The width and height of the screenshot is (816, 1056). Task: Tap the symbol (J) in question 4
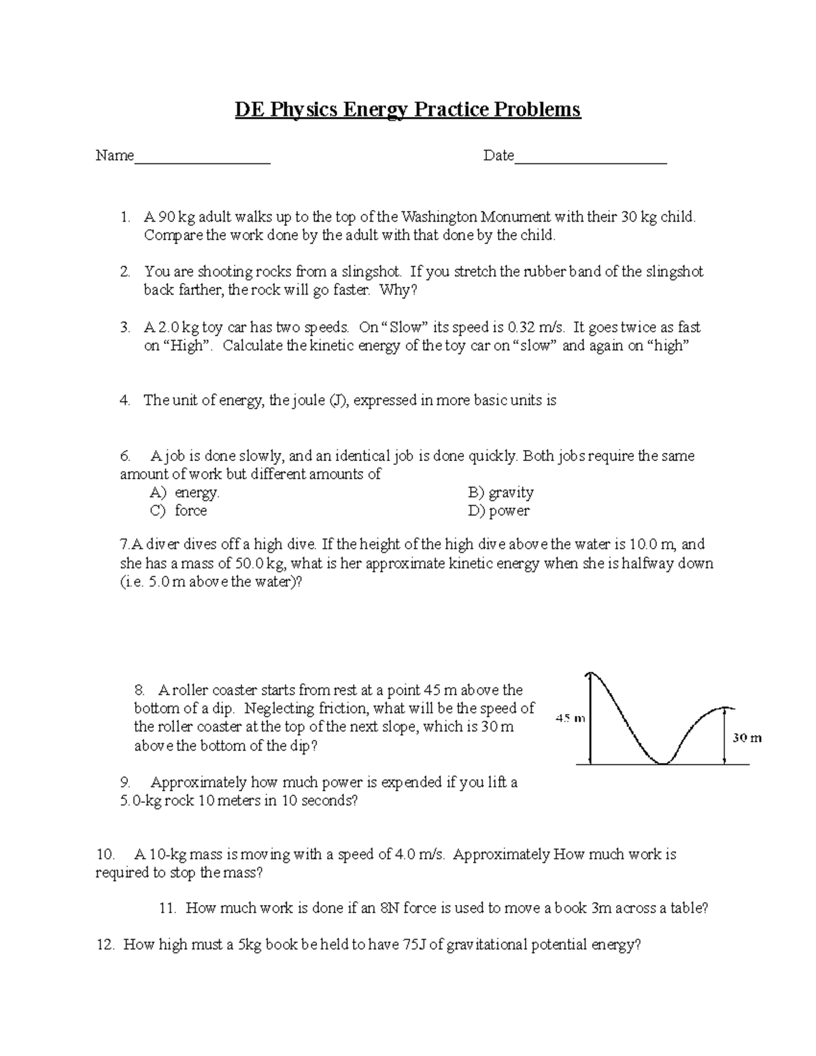click(x=338, y=401)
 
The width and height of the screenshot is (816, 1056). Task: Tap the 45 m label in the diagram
click(x=570, y=717)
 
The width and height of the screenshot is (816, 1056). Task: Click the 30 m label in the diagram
click(x=747, y=738)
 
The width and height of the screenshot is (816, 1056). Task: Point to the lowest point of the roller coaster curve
click(x=662, y=763)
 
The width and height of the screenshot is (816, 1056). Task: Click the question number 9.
click(x=124, y=783)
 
